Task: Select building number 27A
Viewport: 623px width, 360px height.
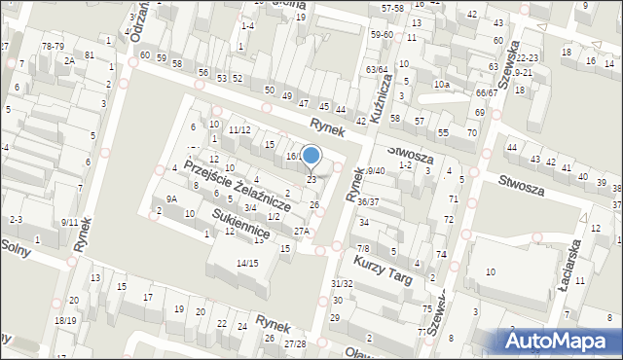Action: point(302,231)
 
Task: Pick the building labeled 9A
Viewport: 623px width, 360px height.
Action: point(171,198)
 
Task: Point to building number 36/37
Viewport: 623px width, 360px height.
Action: point(368,201)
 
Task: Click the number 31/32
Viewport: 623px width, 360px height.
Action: point(341,283)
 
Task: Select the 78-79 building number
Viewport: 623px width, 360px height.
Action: point(53,46)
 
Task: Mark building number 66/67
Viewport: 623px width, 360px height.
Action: point(487,92)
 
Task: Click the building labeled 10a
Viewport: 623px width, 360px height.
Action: point(441,85)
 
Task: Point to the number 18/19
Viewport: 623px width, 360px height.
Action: point(65,320)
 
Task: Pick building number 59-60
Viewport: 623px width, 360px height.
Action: point(382,34)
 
